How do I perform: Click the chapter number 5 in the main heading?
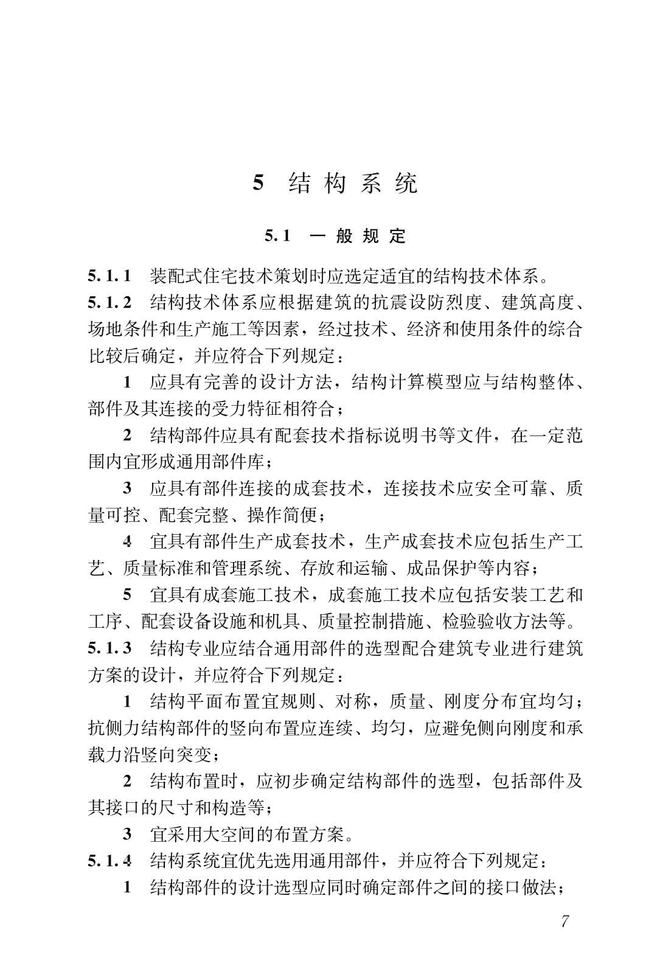pyautogui.click(x=259, y=183)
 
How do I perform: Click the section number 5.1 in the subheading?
pyautogui.click(x=277, y=236)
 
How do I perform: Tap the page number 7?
pyautogui.click(x=565, y=921)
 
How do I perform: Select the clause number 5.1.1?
pyautogui.click(x=110, y=276)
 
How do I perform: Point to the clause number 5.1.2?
pyautogui.click(x=110, y=302)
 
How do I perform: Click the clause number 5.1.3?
pyautogui.click(x=110, y=648)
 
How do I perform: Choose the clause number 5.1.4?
pyautogui.click(x=110, y=861)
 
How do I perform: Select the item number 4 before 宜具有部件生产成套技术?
pyautogui.click(x=127, y=541)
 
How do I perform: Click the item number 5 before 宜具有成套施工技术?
pyautogui.click(x=127, y=594)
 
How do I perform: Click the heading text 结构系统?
pyautogui.click(x=353, y=183)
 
